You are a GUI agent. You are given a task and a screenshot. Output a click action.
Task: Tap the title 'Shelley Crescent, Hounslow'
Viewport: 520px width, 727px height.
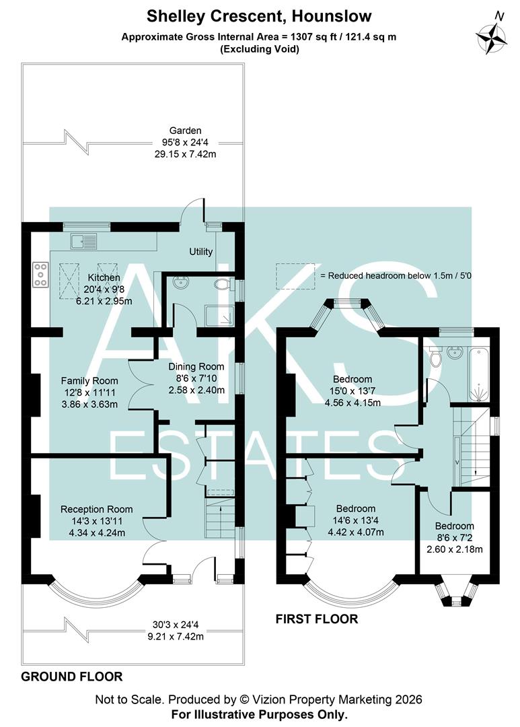(259, 15)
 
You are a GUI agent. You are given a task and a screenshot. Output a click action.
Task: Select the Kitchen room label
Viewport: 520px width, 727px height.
(104, 277)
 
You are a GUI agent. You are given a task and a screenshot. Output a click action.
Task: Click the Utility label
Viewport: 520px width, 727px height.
(200, 252)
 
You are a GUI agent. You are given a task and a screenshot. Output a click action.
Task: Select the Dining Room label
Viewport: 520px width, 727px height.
(196, 367)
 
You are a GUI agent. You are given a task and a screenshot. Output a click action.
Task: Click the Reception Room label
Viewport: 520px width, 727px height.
(96, 509)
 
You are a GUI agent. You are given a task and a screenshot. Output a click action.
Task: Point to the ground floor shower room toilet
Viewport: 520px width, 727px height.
(221, 285)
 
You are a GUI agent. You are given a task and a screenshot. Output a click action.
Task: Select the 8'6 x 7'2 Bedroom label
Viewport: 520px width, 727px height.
(454, 526)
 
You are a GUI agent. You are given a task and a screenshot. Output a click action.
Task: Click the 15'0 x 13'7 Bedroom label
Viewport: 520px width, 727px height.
(353, 379)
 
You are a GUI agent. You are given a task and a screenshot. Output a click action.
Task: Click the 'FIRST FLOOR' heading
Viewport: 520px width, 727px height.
(317, 619)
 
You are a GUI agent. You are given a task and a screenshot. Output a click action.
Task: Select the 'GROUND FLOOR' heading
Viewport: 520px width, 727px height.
(72, 676)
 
